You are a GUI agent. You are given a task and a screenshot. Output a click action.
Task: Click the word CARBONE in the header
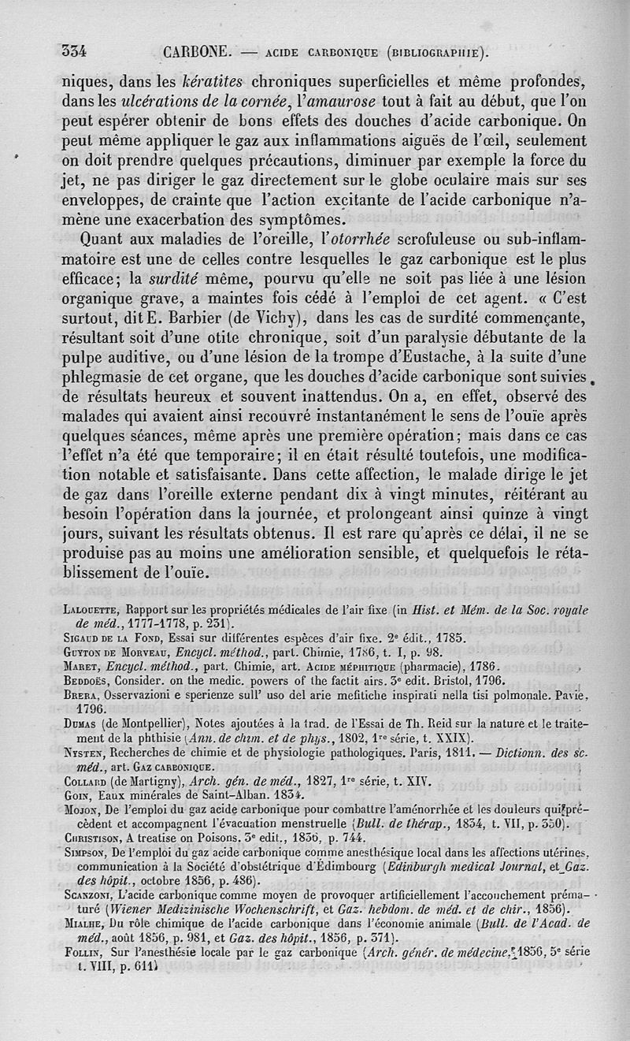[x=198, y=52]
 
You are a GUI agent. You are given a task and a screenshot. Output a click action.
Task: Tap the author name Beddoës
[x=86, y=681]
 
